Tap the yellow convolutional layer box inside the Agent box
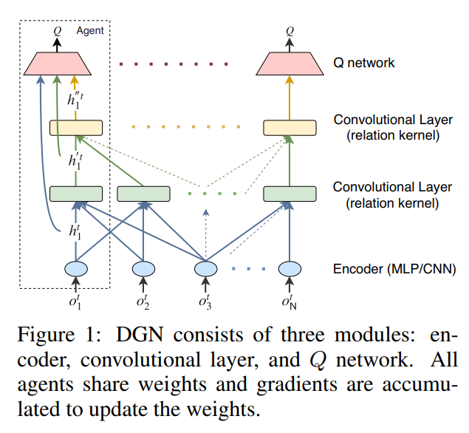pyautogui.click(x=75, y=127)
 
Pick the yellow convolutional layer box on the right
pyautogui.click(x=290, y=127)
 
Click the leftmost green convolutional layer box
pyautogui.click(x=75, y=194)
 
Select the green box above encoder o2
pyautogui.click(x=143, y=194)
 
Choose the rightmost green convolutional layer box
pyautogui.click(x=290, y=194)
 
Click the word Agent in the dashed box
pyautogui.click(x=91, y=31)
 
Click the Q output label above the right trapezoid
pyautogui.click(x=290, y=31)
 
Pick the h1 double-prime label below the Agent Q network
pyautogui.click(x=74, y=98)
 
